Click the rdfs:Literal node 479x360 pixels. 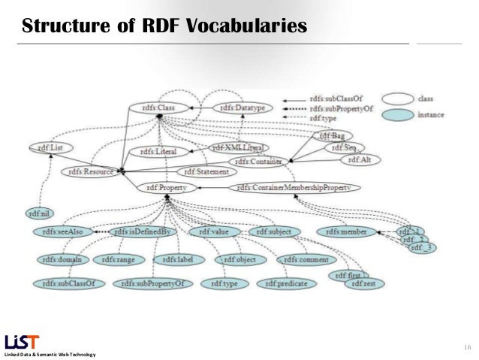click(x=156, y=152)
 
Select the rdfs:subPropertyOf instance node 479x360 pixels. click(x=155, y=283)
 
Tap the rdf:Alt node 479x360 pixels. click(x=360, y=159)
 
